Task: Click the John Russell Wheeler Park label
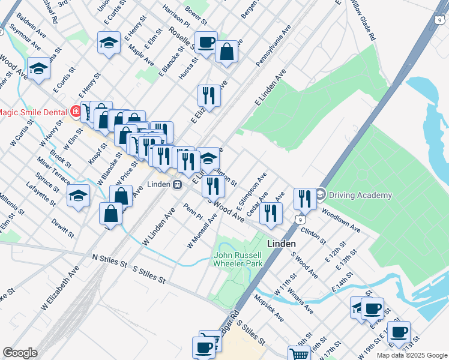point(238,259)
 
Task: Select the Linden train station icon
point(177,184)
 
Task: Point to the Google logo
point(20,353)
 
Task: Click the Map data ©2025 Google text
point(411,355)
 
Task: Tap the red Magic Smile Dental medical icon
point(76,111)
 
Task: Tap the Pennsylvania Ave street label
point(273,46)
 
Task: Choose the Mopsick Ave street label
point(268,308)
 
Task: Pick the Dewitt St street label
point(62,228)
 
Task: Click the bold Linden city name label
point(280,244)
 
